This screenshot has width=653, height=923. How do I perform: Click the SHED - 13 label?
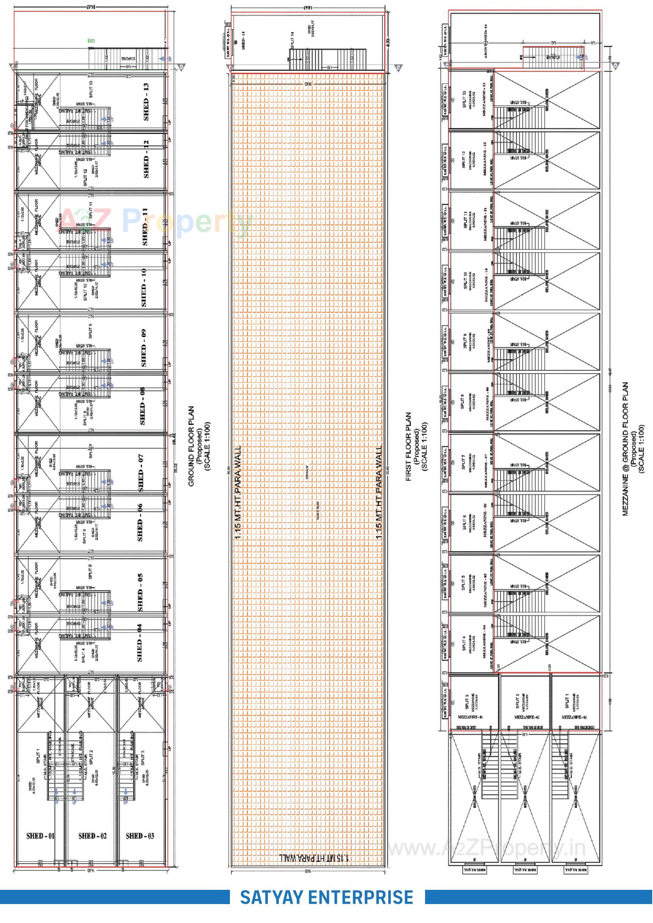pyautogui.click(x=146, y=102)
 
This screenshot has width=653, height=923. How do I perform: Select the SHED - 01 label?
pyautogui.click(x=40, y=836)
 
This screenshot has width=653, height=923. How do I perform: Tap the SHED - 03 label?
pyautogui.click(x=139, y=836)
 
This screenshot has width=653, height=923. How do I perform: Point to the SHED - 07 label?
pyautogui.click(x=140, y=473)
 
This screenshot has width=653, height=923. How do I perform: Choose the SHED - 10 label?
pyautogui.click(x=144, y=287)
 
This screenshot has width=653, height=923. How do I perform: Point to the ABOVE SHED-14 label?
pyautogui.click(x=486, y=41)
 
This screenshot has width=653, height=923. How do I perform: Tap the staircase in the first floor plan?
pyautogui.click(x=328, y=60)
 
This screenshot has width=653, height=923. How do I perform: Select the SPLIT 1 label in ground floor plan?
pyautogui.click(x=39, y=756)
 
